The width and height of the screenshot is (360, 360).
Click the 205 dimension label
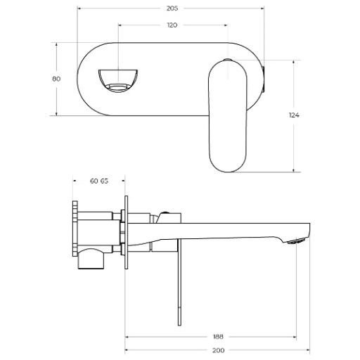(172, 8)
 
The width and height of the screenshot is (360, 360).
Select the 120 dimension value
(172, 25)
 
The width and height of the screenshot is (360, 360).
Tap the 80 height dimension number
(56, 79)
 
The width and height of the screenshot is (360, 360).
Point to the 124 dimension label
(294, 115)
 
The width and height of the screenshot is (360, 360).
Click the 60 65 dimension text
(99, 181)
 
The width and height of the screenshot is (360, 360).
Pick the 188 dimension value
(218, 337)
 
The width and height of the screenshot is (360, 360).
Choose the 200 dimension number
(218, 350)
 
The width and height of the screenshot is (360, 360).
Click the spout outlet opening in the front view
(118, 81)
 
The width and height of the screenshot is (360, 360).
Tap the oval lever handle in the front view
(228, 117)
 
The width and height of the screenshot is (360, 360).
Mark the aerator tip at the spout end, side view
(297, 241)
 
